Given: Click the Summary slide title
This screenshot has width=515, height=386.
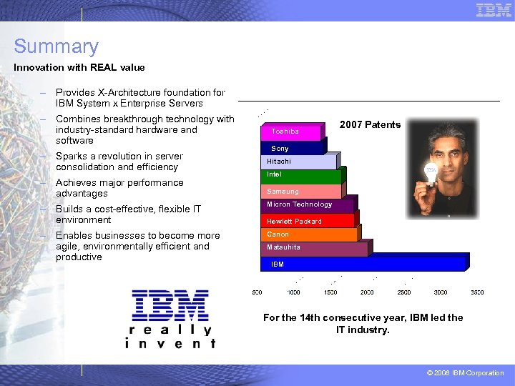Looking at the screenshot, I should pos(56,47).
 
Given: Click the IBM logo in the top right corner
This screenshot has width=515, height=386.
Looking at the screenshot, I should pos(494,10).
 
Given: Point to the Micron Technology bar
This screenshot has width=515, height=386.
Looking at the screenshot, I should pos(308,205).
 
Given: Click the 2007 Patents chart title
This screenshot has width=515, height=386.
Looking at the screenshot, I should pos(370,125).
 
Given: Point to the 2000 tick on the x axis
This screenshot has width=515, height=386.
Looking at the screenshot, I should pos(367,292).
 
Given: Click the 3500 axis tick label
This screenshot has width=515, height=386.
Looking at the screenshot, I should pos(477,292).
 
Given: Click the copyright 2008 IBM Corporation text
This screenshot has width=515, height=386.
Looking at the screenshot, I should pos(466,373).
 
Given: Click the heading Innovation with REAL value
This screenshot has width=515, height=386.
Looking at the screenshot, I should pos(79,68).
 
